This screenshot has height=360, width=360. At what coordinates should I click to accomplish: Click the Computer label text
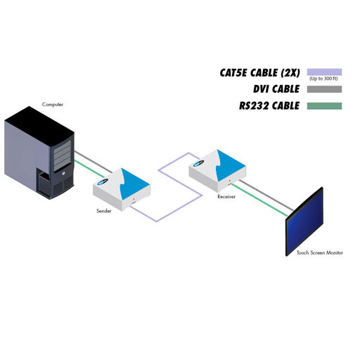click(x=53, y=105)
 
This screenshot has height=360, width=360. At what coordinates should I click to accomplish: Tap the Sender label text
click(x=104, y=211)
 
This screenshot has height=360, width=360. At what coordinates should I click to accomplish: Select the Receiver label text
click(x=226, y=197)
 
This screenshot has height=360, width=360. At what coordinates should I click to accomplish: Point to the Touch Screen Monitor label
click(x=320, y=252)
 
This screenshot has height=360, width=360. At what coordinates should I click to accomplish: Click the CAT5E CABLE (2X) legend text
click(x=259, y=73)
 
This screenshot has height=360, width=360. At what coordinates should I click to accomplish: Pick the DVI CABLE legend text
click(x=276, y=89)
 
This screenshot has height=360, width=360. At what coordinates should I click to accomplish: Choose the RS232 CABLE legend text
click(x=269, y=105)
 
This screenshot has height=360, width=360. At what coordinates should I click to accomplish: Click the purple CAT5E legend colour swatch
click(x=324, y=72)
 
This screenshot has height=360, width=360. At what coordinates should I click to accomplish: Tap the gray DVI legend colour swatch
click(x=324, y=89)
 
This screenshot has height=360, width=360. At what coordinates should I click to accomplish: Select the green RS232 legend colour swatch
click(x=324, y=106)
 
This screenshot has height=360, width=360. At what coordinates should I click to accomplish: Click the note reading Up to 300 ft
click(x=323, y=79)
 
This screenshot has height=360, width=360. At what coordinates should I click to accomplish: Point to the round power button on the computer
click(x=63, y=174)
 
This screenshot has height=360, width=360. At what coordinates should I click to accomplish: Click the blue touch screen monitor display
click(x=304, y=221)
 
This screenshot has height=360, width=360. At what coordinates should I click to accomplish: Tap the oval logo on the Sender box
click(x=103, y=182)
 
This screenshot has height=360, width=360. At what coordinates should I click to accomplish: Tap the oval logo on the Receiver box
click(x=199, y=163)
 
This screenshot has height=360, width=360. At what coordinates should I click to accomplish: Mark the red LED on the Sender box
click(x=134, y=199)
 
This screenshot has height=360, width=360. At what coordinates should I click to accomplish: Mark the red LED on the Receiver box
click(x=230, y=181)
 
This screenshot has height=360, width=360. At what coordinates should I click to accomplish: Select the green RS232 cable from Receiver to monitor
click(x=259, y=200)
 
